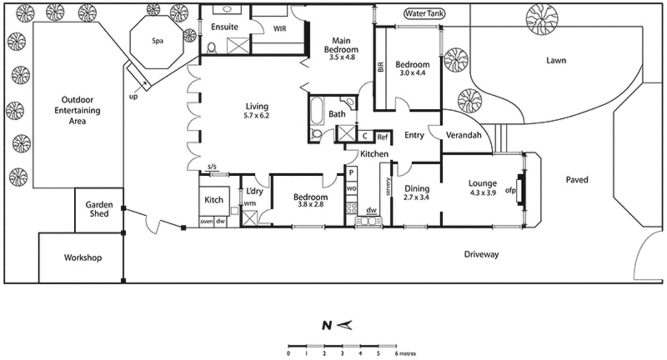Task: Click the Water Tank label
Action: (424, 13)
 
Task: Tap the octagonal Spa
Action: (157, 41)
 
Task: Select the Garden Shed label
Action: (99, 209)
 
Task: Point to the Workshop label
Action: (83, 257)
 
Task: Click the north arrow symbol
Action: (345, 325)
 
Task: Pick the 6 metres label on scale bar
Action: (405, 354)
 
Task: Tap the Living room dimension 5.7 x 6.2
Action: (256, 116)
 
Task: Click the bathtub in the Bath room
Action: (317, 110)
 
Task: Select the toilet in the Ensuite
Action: (211, 48)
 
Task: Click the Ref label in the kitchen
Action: (382, 137)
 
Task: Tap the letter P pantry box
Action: (351, 172)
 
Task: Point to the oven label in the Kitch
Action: (206, 221)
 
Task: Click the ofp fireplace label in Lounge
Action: (510, 190)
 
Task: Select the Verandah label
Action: (464, 135)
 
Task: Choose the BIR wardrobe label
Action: (381, 67)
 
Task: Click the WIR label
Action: (280, 29)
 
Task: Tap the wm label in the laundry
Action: (250, 203)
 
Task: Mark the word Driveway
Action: (481, 255)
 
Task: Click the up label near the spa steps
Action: (133, 97)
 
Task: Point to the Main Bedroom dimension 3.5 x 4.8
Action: (342, 57)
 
